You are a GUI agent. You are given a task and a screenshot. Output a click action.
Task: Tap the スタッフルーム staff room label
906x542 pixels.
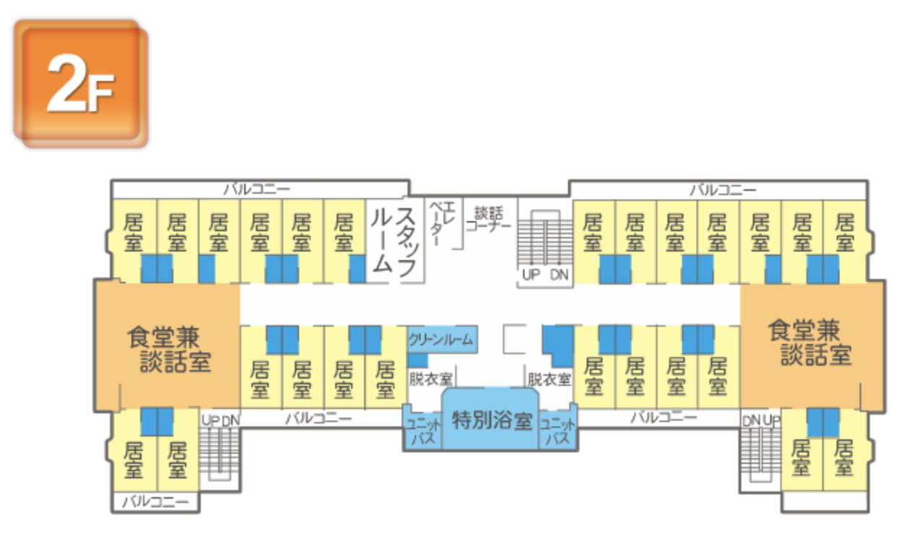394,241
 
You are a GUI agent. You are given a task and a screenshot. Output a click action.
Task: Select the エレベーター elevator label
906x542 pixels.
442,223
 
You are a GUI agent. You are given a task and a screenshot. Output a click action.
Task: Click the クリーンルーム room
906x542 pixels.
440,338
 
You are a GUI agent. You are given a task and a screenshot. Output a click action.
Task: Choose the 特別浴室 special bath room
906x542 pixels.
491,420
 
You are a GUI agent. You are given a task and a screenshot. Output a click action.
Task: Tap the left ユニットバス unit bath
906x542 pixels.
422,431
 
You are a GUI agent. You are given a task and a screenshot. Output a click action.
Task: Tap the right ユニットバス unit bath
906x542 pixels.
558,431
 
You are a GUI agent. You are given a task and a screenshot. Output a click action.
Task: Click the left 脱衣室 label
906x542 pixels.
431,379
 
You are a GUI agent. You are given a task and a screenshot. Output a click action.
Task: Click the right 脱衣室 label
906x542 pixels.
548,379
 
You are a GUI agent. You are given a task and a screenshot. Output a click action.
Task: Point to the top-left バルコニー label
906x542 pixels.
257,189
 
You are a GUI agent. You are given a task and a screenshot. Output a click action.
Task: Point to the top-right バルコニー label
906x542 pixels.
722,189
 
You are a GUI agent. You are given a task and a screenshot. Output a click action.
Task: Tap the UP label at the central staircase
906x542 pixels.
532,275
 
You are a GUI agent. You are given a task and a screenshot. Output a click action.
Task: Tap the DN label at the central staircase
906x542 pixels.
559,275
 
